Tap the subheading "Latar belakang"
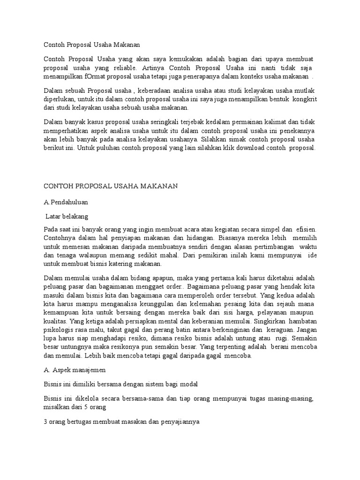[x=67, y=217]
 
